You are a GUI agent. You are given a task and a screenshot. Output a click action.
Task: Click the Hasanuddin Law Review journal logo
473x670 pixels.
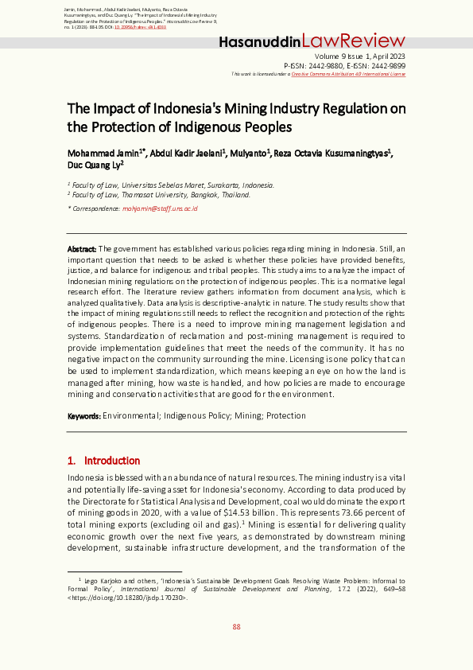312,41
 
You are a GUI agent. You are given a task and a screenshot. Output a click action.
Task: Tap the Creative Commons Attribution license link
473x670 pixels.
348,74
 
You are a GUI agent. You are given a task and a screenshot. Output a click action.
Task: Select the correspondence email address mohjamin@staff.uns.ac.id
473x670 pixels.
160,208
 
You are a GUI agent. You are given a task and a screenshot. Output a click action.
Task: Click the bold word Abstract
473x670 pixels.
81,249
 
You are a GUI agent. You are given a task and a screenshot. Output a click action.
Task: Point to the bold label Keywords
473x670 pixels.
83,415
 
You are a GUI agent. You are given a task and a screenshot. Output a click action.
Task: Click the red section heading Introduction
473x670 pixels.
112,461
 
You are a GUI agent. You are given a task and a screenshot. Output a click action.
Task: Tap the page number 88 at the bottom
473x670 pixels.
236,627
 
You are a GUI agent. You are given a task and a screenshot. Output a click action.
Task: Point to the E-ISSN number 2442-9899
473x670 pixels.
387,65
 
